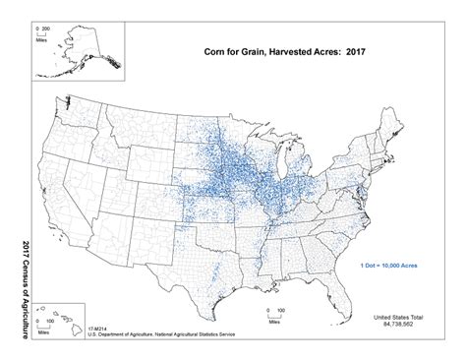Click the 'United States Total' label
401,317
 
